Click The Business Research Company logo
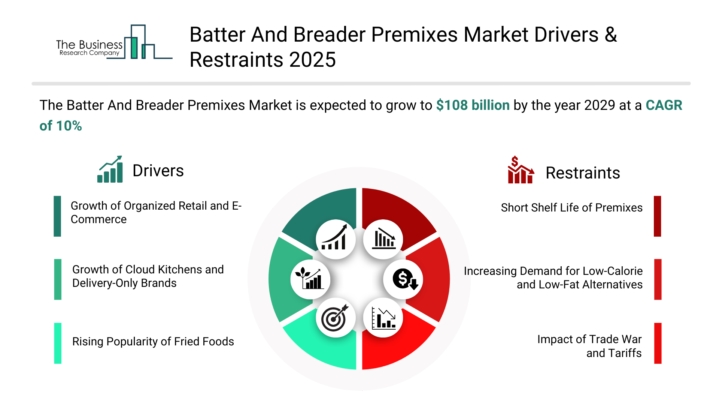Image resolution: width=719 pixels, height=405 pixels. (114, 42)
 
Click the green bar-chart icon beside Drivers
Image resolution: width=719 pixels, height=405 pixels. (110, 169)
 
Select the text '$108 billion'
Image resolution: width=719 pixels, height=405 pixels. (473, 105)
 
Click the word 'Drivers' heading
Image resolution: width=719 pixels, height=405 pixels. (158, 171)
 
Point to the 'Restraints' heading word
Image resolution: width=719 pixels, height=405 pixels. (583, 173)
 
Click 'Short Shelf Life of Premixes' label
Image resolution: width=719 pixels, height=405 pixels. (571, 208)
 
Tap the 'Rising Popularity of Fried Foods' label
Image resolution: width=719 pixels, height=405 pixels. (153, 342)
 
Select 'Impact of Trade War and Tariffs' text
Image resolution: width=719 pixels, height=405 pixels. (589, 346)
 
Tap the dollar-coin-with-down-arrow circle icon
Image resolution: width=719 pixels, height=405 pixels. (403, 279)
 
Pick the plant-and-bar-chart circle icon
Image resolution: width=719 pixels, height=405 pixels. (310, 279)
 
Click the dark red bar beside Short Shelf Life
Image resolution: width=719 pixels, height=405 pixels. (657, 216)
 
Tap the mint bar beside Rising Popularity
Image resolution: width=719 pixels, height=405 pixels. (58, 343)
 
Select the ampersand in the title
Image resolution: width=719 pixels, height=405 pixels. (610, 34)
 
